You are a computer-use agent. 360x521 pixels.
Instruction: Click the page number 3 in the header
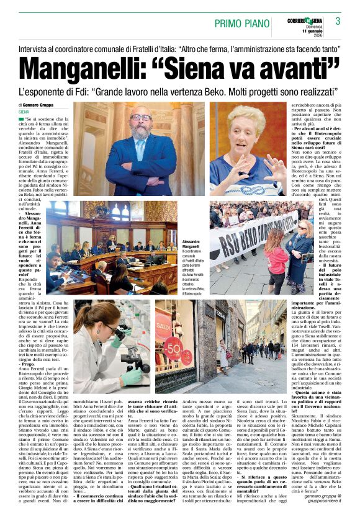338,21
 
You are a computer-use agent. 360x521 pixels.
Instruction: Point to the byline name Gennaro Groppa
42,105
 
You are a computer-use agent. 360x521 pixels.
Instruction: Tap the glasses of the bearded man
142,117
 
